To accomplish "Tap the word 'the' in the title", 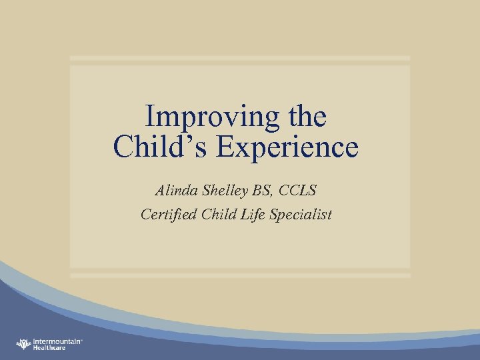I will [x=307, y=117].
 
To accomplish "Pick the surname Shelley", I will [x=226, y=191].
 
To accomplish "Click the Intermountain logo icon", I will [x=24, y=344].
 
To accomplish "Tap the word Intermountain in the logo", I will [x=56, y=341].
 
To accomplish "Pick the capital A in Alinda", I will [x=161, y=191].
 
